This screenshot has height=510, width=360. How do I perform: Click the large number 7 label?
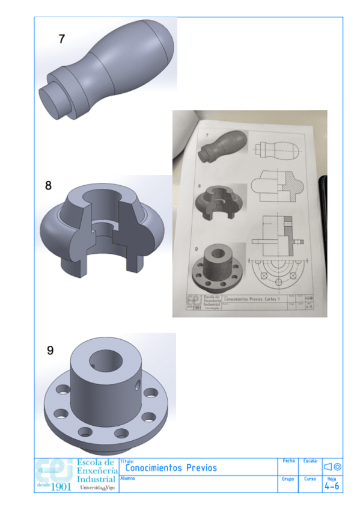(x=61, y=39)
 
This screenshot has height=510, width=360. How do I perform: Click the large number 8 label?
(x=49, y=186)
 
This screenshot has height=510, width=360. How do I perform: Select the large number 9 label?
(x=50, y=351)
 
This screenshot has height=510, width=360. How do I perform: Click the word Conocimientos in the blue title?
(x=153, y=468)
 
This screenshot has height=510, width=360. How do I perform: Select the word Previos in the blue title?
(x=201, y=468)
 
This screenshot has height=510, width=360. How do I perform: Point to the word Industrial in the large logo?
(x=96, y=480)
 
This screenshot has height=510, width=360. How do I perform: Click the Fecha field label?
(x=288, y=461)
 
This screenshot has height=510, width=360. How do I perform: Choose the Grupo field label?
(x=287, y=479)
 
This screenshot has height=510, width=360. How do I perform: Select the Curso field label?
(x=310, y=479)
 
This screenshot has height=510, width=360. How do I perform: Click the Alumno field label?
(x=127, y=479)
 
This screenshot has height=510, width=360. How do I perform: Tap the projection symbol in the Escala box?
(x=332, y=467)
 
